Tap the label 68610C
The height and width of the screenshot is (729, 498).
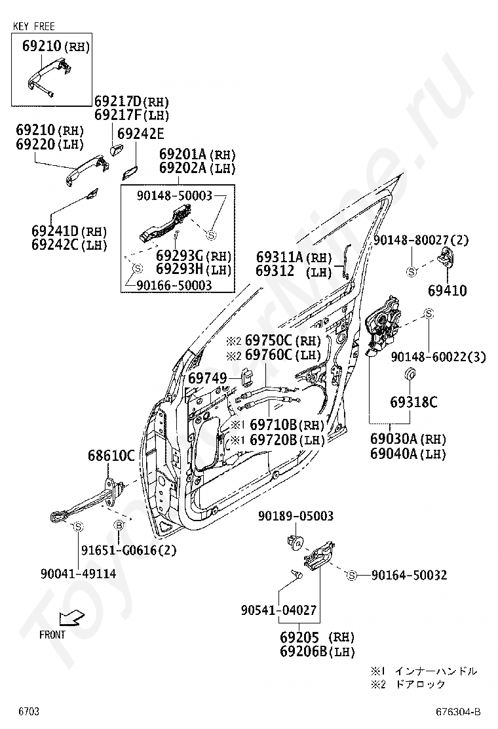pos(111,455)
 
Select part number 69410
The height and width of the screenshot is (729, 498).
pos(448,290)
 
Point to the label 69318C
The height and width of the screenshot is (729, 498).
pos(413,403)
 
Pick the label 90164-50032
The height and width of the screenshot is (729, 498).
pos(409,575)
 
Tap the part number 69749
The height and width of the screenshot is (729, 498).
pos(207,378)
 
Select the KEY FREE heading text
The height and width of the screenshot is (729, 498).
pos(34,26)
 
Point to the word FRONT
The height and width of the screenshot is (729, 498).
pos(52,635)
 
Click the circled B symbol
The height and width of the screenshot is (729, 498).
pos(119,525)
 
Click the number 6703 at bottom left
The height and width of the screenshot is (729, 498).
pos(29,711)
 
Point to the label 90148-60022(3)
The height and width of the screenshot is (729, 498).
pos(438,357)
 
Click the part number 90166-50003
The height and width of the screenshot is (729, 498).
pos(174,285)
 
